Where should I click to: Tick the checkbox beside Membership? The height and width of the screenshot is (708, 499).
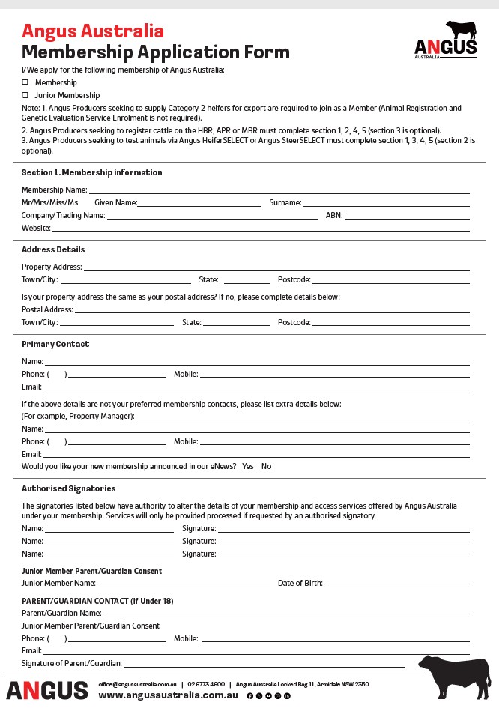(25, 82)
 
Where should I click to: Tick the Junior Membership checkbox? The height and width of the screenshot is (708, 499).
(25, 96)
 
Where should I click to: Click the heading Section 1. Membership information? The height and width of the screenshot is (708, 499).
(91, 172)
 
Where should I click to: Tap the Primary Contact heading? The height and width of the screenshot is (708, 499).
(55, 344)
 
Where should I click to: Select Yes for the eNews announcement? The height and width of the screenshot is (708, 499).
(248, 466)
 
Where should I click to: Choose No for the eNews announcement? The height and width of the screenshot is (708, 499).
(266, 466)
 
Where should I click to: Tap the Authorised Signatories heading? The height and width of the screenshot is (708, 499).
(68, 488)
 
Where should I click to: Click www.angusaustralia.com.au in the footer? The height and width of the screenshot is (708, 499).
(168, 695)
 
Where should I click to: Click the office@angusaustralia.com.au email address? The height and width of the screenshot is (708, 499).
(136, 683)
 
